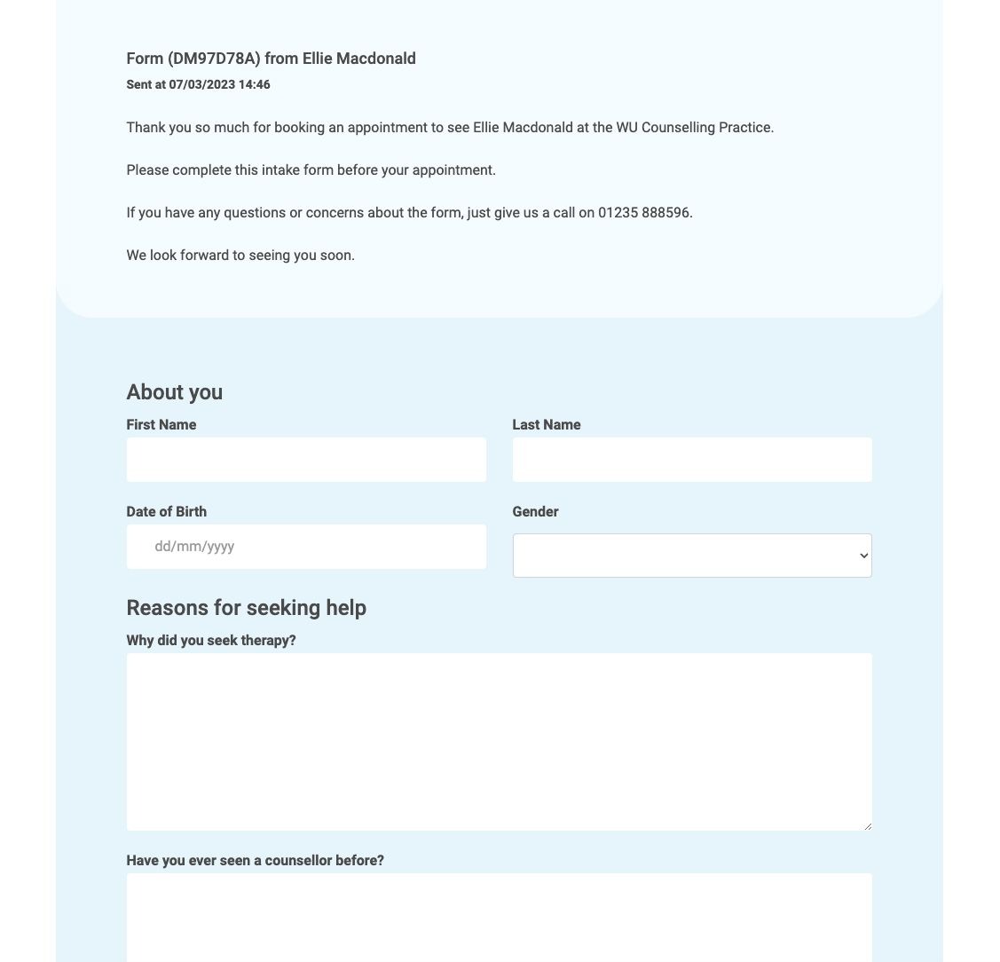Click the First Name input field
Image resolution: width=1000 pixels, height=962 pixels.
[x=306, y=460]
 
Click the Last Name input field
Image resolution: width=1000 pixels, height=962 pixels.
[x=692, y=460]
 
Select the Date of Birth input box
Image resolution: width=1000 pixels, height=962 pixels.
[x=306, y=547]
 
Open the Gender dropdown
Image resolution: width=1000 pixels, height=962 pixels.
[x=692, y=556]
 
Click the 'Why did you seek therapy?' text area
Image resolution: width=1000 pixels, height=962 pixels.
[x=499, y=742]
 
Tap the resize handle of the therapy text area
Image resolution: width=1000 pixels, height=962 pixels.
[x=867, y=826]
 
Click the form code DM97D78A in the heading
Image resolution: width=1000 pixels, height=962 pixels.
[x=214, y=59]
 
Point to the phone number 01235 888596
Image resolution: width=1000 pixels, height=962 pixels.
[x=644, y=213]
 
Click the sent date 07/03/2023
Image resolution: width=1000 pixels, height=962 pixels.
[x=202, y=85]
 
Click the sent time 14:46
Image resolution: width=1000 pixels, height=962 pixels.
[x=255, y=85]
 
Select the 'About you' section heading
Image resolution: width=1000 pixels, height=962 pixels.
[x=175, y=392]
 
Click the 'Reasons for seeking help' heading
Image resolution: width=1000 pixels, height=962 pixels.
[x=246, y=608]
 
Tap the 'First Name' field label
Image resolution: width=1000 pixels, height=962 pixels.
[x=161, y=425]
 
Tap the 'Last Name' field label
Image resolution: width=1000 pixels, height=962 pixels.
[x=547, y=425]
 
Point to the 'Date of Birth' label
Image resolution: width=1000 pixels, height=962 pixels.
[x=167, y=512]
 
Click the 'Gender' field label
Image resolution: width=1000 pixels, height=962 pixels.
[x=535, y=512]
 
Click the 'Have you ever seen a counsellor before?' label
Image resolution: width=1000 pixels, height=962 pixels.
[x=256, y=861]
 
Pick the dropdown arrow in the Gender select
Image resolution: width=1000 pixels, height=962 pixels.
[x=863, y=556]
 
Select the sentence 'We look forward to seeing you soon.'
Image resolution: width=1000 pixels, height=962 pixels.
[x=240, y=256]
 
